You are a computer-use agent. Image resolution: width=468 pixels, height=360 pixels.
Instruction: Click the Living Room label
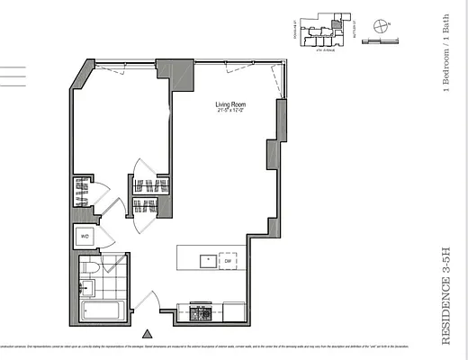[230, 104]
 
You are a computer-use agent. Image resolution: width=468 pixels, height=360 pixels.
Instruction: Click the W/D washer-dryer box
[85, 238]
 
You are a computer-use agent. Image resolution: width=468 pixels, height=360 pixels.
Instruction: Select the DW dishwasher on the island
[229, 260]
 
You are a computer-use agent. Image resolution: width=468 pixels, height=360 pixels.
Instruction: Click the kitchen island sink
[207, 261]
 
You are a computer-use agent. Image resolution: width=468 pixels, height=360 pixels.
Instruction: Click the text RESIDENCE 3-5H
[446, 288]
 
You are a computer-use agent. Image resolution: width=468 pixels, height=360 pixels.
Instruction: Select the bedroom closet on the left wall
[81, 192]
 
